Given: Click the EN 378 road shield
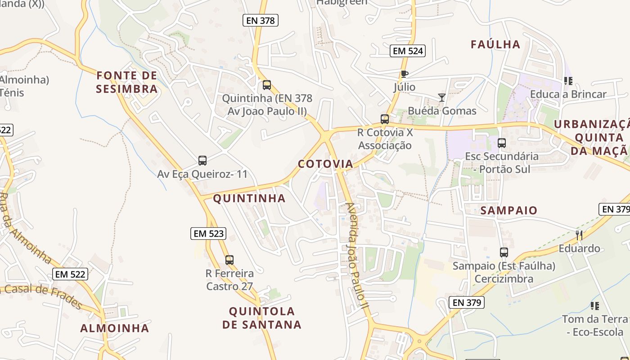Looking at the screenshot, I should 261,20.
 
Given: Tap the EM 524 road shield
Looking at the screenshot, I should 408,51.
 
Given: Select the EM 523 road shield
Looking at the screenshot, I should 208,234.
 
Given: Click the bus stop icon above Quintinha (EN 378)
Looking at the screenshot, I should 267,85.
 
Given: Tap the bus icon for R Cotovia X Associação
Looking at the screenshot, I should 385,119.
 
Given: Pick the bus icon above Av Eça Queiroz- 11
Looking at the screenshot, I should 202,161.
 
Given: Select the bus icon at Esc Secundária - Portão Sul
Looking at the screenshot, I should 502,143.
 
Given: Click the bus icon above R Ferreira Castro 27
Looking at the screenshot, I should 229,260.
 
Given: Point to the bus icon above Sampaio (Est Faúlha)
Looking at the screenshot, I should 504,252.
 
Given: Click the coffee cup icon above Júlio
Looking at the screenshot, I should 404,74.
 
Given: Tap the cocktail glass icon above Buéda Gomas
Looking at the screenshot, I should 442,97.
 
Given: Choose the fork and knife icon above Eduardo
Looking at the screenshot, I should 579,235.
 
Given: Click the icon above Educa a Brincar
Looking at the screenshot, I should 568,81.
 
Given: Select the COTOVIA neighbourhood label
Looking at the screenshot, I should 325,164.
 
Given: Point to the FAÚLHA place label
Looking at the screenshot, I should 495,44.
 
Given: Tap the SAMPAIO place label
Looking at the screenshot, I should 509,210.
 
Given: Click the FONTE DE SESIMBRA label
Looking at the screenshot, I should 127,82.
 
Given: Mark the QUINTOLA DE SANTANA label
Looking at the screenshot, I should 262,318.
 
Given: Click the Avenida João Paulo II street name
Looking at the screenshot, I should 357,256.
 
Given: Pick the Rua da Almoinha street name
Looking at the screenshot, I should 26,228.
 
